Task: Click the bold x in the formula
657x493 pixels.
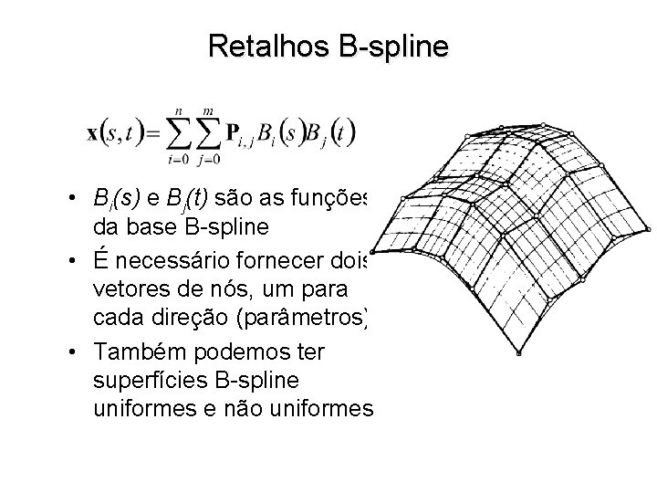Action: (92, 133)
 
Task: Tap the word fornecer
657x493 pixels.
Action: (289, 262)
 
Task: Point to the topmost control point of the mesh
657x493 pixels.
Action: (543, 124)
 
